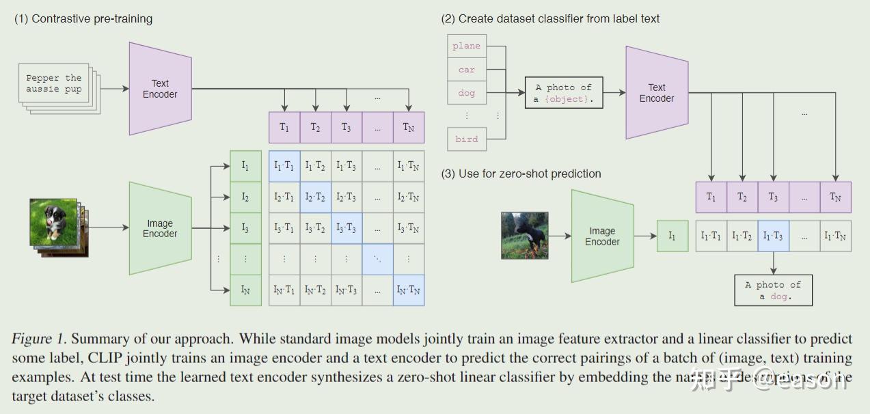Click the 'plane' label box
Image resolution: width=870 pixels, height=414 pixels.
click(467, 46)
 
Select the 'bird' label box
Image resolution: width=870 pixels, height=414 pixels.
click(467, 139)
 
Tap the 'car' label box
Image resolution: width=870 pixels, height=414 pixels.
click(467, 69)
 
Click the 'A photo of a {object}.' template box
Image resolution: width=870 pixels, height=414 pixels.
click(564, 93)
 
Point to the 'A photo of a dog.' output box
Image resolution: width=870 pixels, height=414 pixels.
click(773, 290)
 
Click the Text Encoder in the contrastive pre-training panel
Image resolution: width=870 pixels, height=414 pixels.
click(160, 89)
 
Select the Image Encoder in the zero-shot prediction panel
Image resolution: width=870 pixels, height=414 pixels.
click(602, 236)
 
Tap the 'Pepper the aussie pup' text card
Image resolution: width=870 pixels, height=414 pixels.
click(54, 83)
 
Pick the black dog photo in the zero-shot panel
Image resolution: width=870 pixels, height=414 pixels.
click(525, 235)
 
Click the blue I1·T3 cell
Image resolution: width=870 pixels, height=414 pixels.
click(773, 236)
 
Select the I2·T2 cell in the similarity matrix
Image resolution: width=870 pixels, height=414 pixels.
click(315, 197)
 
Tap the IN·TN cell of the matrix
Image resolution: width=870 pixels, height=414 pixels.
click(408, 290)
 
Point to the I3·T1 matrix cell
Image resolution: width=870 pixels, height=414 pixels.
click(284, 228)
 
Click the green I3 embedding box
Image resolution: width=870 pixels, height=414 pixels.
click(245, 228)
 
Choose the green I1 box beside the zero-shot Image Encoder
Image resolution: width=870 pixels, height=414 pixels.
click(672, 236)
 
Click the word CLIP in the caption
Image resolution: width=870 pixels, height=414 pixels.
click(103, 358)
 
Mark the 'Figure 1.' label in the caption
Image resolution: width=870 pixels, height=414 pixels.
click(40, 339)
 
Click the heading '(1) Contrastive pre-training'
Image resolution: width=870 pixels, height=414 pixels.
click(83, 19)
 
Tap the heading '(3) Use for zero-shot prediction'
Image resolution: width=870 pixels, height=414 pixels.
click(521, 174)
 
